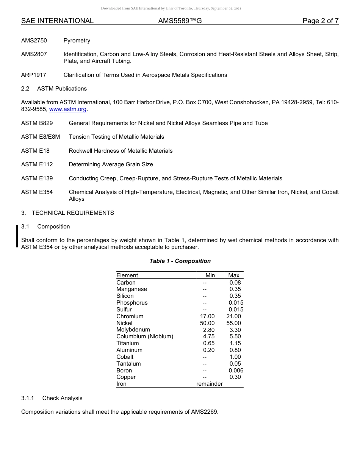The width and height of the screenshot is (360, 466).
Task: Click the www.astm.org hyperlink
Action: pyautogui.click(x=68, y=109)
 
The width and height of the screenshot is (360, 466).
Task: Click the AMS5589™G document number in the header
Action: pyautogui.click(x=180, y=21)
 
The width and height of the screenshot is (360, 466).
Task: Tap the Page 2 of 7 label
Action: pyautogui.click(x=320, y=21)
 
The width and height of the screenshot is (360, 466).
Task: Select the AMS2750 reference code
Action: pyautogui.click(x=34, y=41)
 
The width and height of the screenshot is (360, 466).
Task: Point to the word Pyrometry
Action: pyautogui.click(x=77, y=41)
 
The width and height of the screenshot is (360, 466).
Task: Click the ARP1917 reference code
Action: pyautogui.click(x=34, y=75)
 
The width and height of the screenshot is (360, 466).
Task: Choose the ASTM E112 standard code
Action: pyautogui.click(x=37, y=164)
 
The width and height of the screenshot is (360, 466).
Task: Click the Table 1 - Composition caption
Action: pyautogui.click(x=180, y=261)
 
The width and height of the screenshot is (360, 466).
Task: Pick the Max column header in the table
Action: pyautogui.click(x=233, y=275)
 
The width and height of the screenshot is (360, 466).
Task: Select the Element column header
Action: pyautogui.click(x=127, y=275)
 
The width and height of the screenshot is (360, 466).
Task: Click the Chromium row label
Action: pyautogui.click(x=130, y=316)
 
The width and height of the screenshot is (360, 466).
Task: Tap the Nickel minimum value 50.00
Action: pyautogui.click(x=207, y=323)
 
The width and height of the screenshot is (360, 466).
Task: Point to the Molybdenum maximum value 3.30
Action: pyautogui.click(x=235, y=330)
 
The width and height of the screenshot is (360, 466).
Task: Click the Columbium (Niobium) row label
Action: pyautogui.click(x=144, y=336)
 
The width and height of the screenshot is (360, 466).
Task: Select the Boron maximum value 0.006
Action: pyautogui.click(x=236, y=371)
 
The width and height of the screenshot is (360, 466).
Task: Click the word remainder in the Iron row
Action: pyautogui.click(x=209, y=384)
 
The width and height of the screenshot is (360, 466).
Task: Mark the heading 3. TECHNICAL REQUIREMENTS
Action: pyautogui.click(x=67, y=213)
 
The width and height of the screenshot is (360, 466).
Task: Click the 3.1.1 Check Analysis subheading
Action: pyautogui.click(x=52, y=398)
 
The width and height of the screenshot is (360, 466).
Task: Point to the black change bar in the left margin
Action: pyautogui.click(x=17, y=236)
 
